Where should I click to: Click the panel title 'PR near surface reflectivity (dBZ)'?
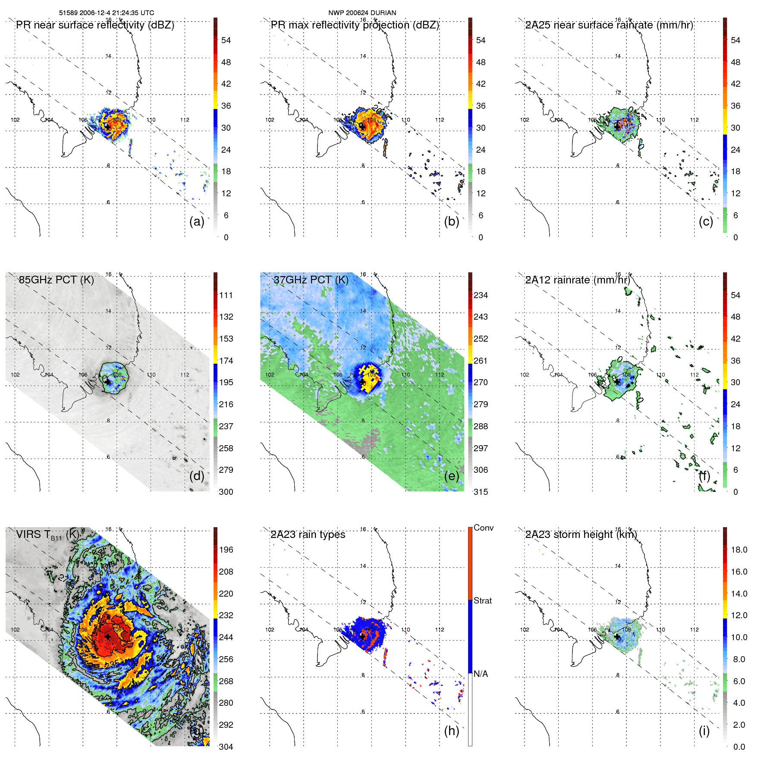(95, 25)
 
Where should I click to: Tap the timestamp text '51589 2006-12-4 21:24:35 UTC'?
(107, 13)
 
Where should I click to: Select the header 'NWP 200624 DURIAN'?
(362, 13)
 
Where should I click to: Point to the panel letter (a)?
(197, 221)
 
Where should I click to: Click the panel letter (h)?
(452, 730)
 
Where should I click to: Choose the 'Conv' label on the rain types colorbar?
(483, 528)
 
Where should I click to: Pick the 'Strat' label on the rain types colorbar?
(482, 601)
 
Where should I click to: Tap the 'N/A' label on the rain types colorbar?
(481, 674)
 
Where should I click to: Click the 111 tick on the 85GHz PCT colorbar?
(226, 295)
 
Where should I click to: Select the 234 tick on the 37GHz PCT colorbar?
(481, 295)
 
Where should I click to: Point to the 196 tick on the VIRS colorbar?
(226, 550)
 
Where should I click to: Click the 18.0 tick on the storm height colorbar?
(739, 550)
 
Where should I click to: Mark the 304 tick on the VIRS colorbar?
(226, 747)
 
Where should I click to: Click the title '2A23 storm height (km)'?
(581, 534)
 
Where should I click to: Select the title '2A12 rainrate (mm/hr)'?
(578, 280)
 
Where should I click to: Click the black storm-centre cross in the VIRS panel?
(107, 637)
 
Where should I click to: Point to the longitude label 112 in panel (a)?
(185, 120)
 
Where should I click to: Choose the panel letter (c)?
(706, 221)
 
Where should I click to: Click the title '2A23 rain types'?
(308, 534)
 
